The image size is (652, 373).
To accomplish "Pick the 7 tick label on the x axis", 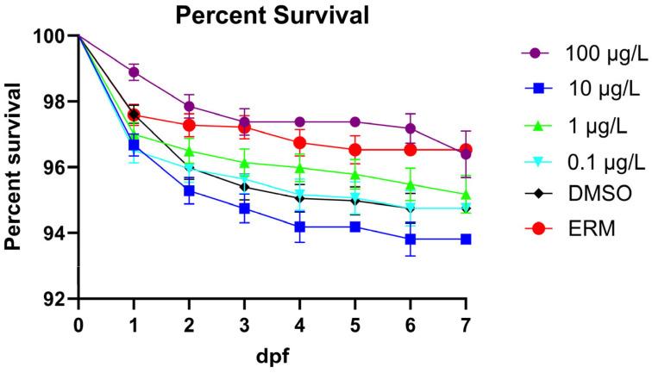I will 466,320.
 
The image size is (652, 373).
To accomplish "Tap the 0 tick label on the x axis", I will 78,320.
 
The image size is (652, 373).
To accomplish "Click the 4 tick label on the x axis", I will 300,320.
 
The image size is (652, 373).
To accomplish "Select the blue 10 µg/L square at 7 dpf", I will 466,239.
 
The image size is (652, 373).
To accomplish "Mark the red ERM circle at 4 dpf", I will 300,143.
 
